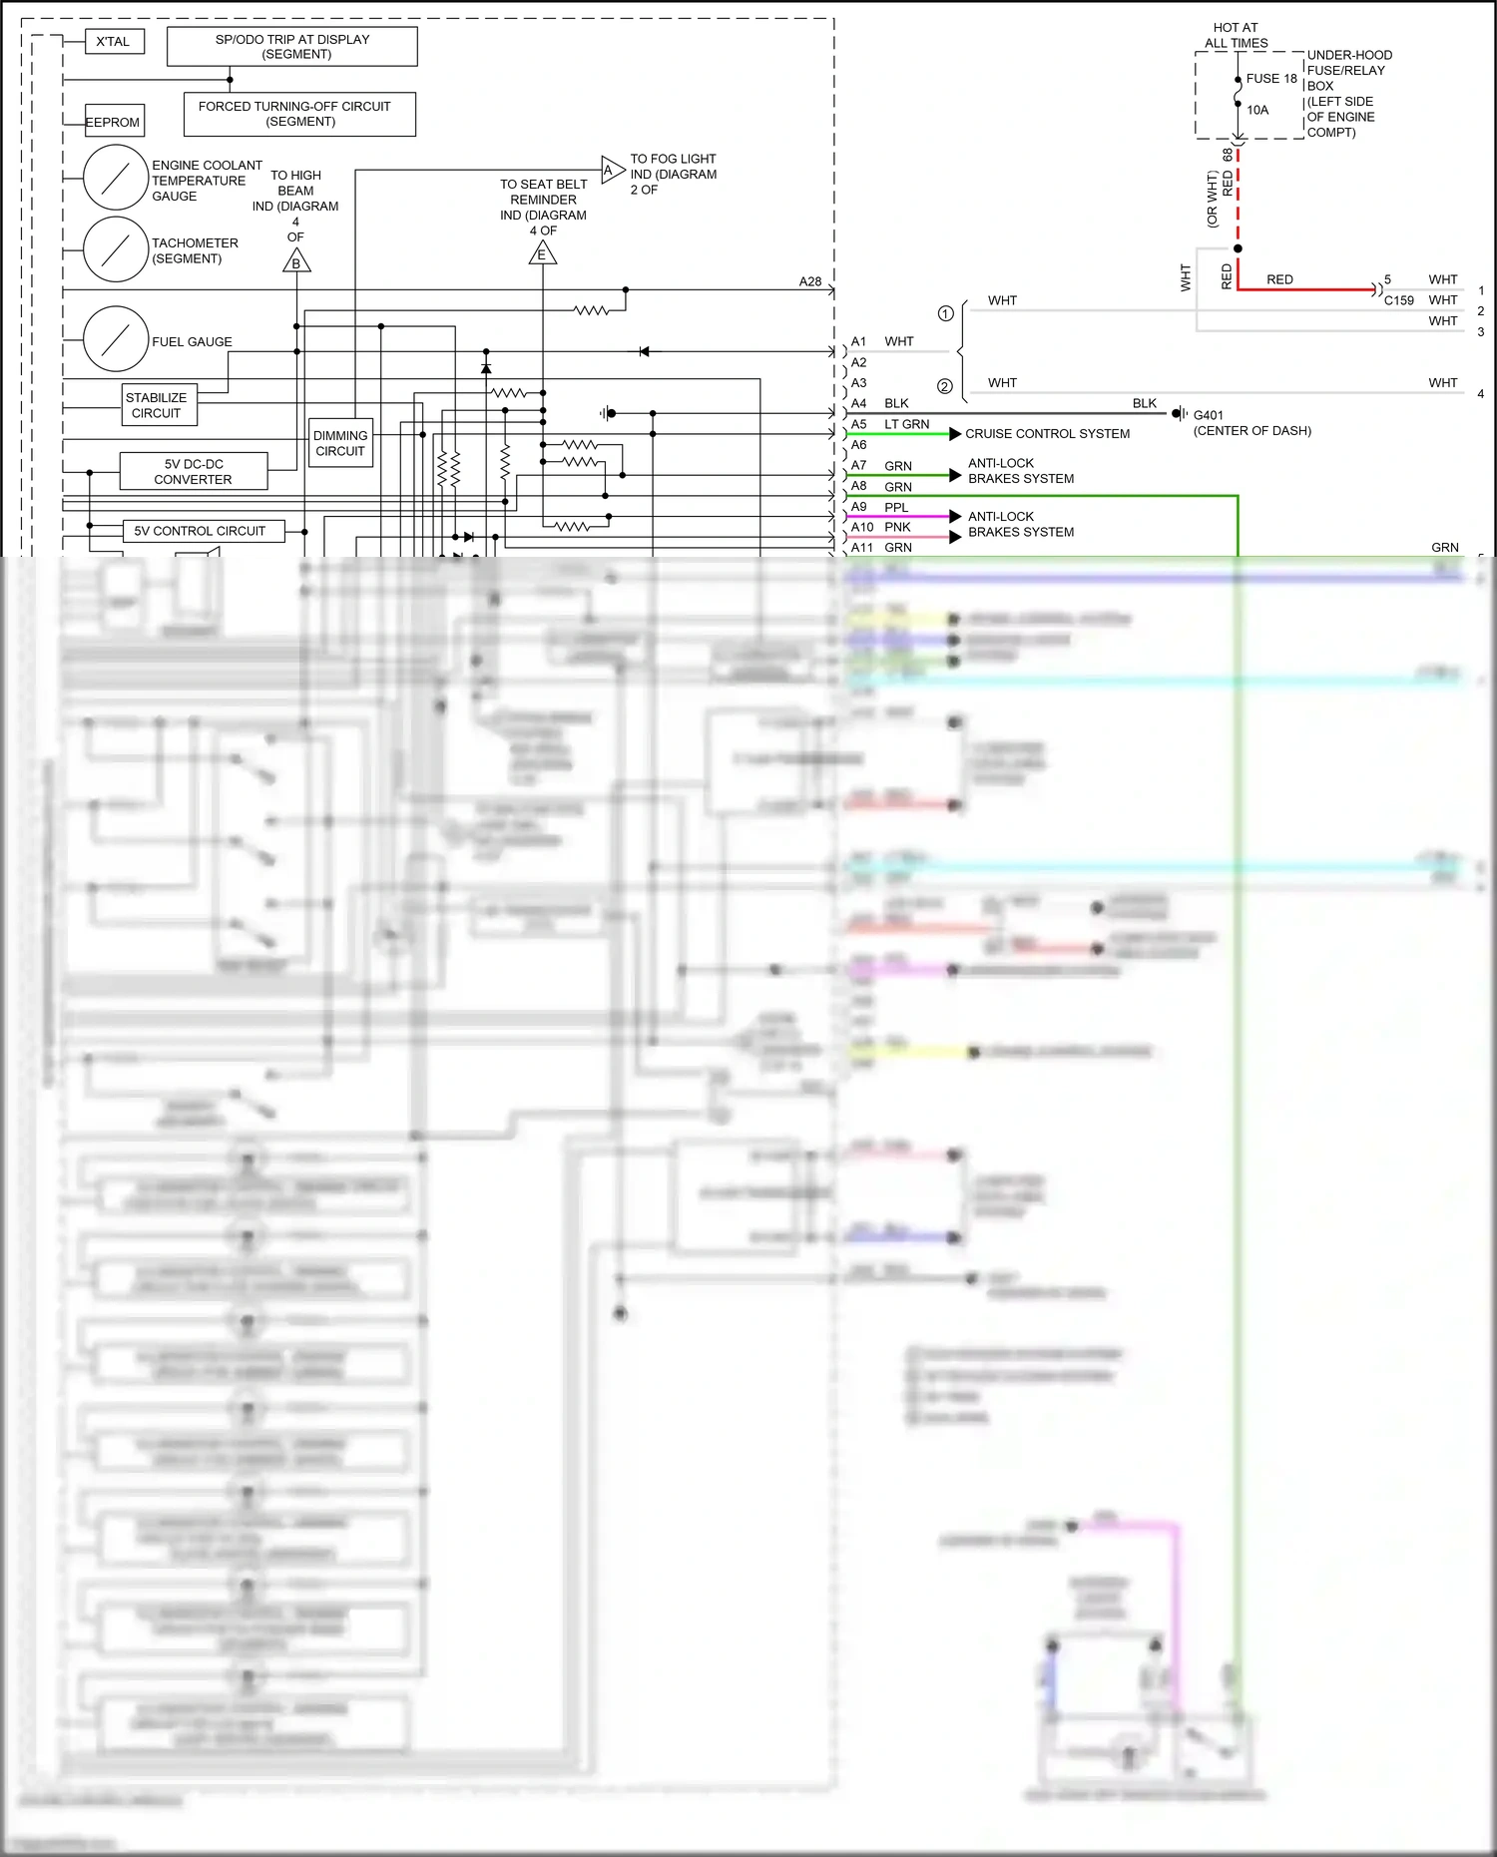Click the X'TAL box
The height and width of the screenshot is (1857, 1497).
pyautogui.click(x=113, y=42)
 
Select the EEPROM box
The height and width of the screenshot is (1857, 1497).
pyautogui.click(x=113, y=122)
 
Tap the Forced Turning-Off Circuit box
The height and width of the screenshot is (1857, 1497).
pyautogui.click(x=298, y=114)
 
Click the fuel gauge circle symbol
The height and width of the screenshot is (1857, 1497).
pyautogui.click(x=116, y=339)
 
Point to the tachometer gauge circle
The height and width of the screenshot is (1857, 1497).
pyautogui.click(x=116, y=249)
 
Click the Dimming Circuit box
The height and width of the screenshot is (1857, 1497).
pyautogui.click(x=340, y=443)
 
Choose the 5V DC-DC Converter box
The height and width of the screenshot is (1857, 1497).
pyautogui.click(x=193, y=471)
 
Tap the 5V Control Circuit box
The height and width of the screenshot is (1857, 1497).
pyautogui.click(x=201, y=531)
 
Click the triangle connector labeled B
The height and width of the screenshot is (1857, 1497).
pyautogui.click(x=296, y=262)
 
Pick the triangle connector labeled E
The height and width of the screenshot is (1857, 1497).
pyautogui.click(x=542, y=253)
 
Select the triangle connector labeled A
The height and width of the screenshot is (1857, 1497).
pyautogui.click(x=611, y=170)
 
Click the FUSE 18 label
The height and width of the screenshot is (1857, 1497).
pyautogui.click(x=1270, y=79)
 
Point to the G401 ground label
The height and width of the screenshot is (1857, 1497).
pyautogui.click(x=1208, y=415)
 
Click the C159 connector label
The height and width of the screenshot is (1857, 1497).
pyautogui.click(x=1398, y=300)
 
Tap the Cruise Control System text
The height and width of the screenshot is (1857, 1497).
pyautogui.click(x=1047, y=434)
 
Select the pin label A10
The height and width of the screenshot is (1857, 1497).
pyautogui.click(x=862, y=527)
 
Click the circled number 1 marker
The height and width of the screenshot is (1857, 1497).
pyautogui.click(x=945, y=313)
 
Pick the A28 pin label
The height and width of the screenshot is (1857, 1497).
pyautogui.click(x=809, y=281)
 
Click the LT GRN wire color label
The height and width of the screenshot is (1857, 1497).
pyautogui.click(x=906, y=424)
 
